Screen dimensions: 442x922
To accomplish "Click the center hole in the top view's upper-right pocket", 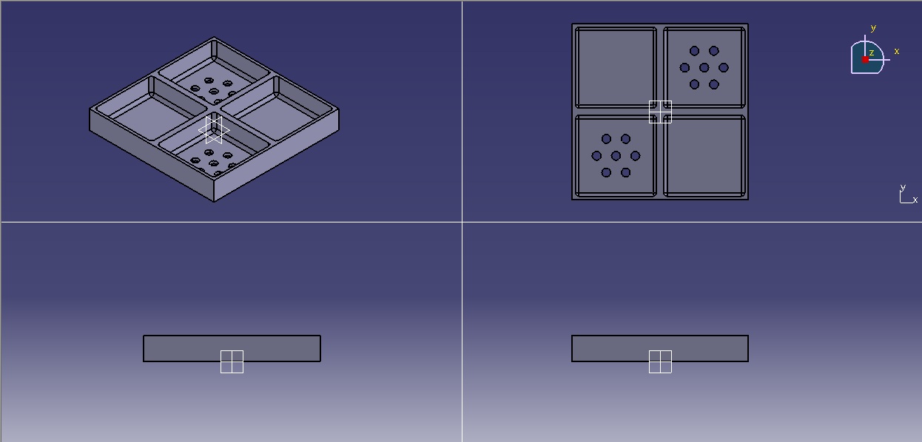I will tap(704, 68).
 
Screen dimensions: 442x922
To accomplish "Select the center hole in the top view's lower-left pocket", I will tap(616, 156).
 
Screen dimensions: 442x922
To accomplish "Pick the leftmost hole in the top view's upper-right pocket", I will tap(684, 68).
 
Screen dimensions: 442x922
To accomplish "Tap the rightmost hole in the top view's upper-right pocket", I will tap(724, 68).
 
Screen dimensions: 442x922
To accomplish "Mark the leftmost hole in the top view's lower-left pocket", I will tap(596, 156).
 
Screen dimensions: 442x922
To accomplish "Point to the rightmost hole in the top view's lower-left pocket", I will tap(635, 156).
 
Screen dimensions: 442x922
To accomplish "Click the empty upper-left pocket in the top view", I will tap(616, 68).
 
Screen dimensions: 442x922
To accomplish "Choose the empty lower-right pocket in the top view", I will tap(704, 156).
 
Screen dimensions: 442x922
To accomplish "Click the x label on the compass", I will tap(897, 51).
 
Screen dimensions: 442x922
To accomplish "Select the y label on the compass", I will tap(873, 28).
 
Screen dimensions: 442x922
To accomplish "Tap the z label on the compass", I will tap(872, 52).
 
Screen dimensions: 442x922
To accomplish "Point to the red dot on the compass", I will tap(865, 60).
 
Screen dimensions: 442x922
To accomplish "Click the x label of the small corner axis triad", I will tap(915, 200).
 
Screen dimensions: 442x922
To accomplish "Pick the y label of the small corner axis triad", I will tap(902, 188).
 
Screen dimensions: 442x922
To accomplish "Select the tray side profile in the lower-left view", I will tap(185, 348).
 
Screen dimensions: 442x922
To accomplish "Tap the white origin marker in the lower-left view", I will tap(232, 361).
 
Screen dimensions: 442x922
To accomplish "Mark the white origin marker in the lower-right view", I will tap(660, 361).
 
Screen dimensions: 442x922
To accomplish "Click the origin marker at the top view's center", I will tap(660, 112).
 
